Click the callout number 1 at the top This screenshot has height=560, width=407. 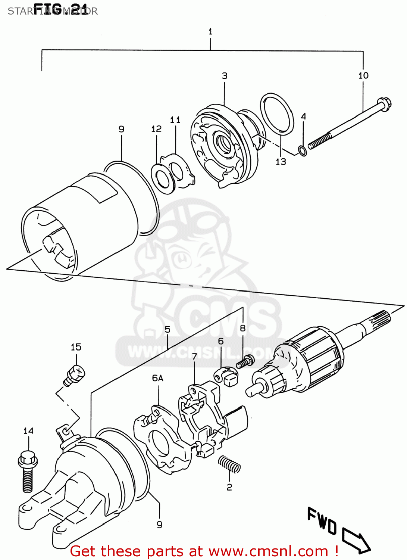coord(210,32)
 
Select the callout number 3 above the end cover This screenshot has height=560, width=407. coord(225,76)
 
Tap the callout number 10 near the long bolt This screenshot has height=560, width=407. coord(363,75)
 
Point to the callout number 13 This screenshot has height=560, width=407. coord(281,162)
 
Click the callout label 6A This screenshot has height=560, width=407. coord(157,378)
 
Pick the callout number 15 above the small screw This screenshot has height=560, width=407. coord(76,347)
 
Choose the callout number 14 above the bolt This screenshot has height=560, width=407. coord(28,431)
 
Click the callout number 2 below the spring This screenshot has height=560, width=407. coord(229,487)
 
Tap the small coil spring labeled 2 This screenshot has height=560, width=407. coord(229,464)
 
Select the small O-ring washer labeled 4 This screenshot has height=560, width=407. coord(303,151)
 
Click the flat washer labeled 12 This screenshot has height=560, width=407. coord(163,178)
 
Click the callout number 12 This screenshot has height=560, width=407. coord(156,129)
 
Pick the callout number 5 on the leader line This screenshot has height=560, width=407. coord(168,329)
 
